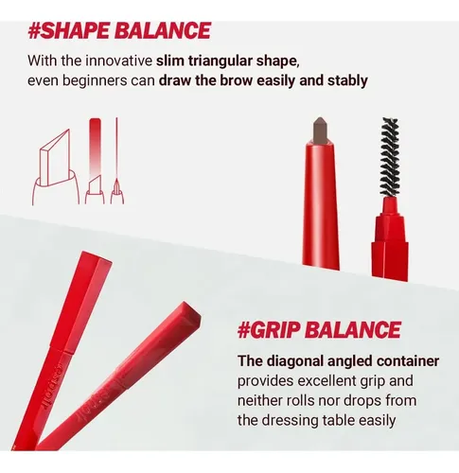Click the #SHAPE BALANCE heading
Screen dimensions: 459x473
click(119, 30)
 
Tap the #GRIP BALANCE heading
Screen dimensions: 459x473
click(319, 330)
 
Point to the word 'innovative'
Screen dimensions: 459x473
click(118, 61)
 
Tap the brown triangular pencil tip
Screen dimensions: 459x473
click(320, 131)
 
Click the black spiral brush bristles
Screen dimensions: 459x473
click(390, 157)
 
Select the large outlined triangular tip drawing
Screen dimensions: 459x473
click(56, 167)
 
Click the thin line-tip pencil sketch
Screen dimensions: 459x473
click(116, 161)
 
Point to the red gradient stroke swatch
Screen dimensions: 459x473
click(95, 149)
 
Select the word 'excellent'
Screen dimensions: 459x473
click(326, 381)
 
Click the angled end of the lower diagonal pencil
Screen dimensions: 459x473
click(189, 314)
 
